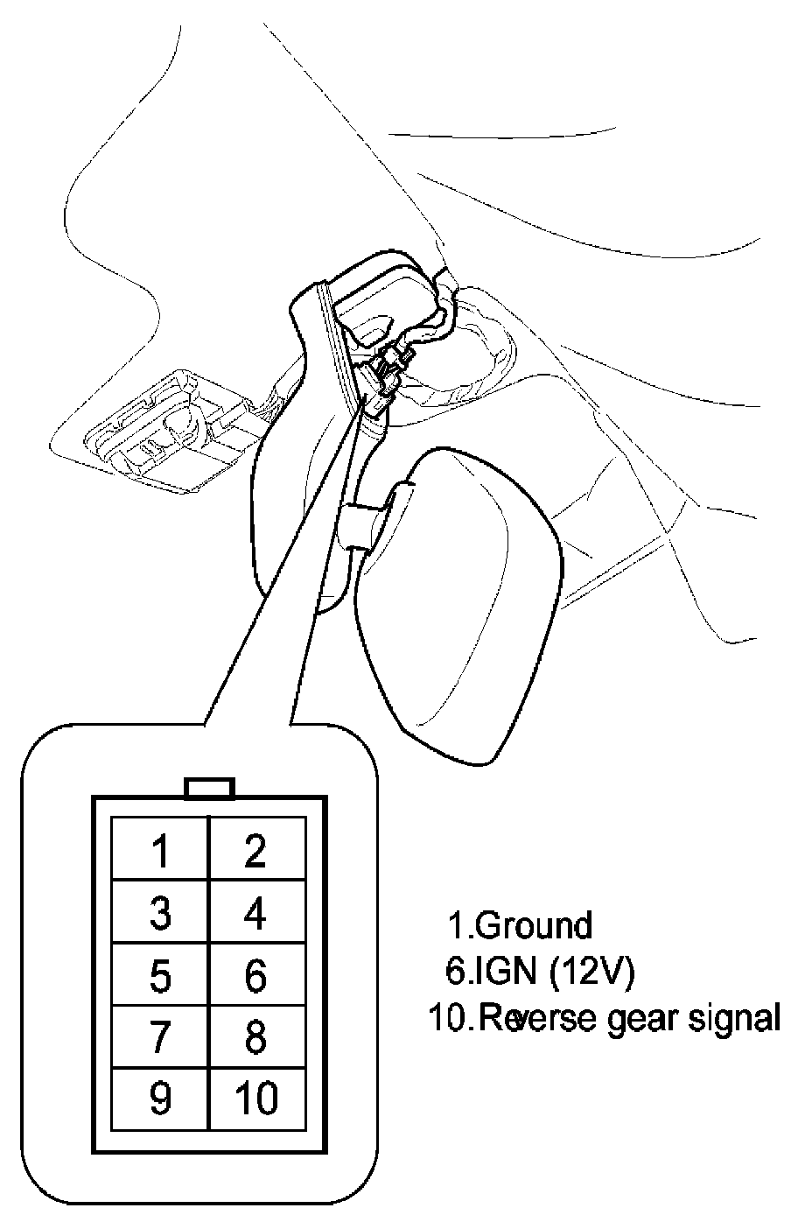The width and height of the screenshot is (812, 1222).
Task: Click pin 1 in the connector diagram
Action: (x=159, y=850)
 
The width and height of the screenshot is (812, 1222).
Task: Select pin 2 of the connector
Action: (x=256, y=850)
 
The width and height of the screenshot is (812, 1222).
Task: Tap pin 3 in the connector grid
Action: (x=159, y=912)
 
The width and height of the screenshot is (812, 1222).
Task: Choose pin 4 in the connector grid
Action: (x=256, y=912)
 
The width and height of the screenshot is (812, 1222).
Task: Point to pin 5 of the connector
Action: (x=159, y=975)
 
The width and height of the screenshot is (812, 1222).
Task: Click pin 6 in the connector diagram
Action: (x=256, y=975)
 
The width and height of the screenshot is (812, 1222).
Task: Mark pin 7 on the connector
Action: (x=159, y=1037)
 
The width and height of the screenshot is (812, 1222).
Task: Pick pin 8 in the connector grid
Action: (x=256, y=1037)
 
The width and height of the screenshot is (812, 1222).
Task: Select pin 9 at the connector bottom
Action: (x=159, y=1099)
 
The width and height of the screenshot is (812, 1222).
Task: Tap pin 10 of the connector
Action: (x=256, y=1099)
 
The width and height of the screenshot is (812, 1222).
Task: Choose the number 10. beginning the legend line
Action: (x=450, y=1018)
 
